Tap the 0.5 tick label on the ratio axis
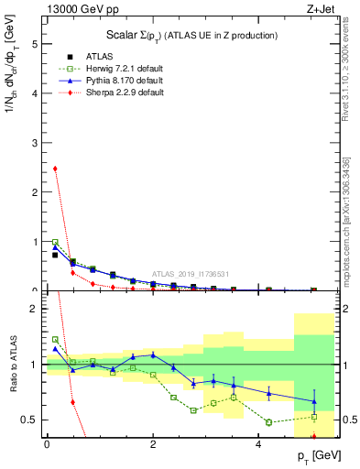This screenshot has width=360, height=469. point(29,420)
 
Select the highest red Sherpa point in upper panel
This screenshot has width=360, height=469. point(55,169)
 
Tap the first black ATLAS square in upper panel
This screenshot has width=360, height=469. point(55,255)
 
